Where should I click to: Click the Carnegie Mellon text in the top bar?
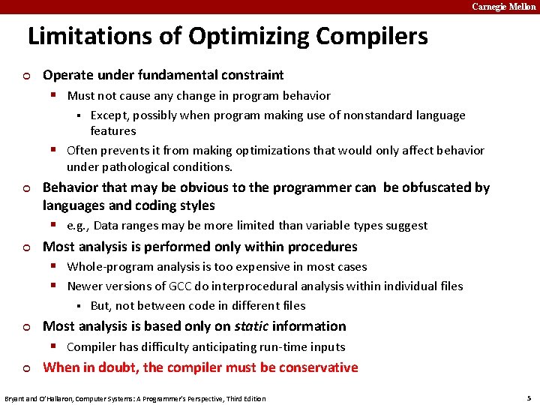click(x=503, y=7)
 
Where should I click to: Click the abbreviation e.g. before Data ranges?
click(x=78, y=226)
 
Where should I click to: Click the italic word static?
click(x=251, y=326)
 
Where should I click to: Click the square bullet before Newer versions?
click(x=55, y=286)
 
